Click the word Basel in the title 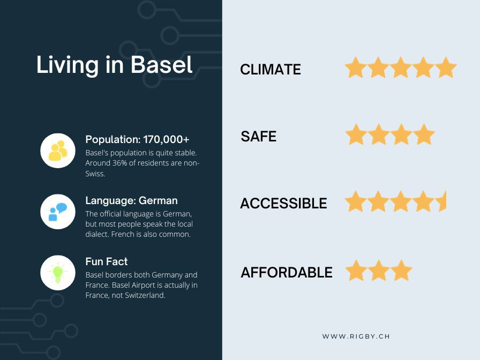click(x=162, y=65)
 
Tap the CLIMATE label click(x=271, y=70)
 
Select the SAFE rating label click(x=258, y=136)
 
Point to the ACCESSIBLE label click(x=283, y=203)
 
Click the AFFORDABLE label click(x=287, y=272)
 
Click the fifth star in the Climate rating click(x=446, y=67)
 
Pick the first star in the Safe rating click(x=356, y=134)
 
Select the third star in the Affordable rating click(x=401, y=271)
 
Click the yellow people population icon click(x=58, y=151)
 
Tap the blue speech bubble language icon click(x=58, y=212)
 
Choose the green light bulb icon click(x=58, y=273)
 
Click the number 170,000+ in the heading click(x=166, y=140)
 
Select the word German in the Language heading click(x=158, y=200)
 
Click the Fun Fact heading click(x=107, y=261)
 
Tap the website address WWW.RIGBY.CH click(x=356, y=336)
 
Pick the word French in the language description click(x=123, y=234)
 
